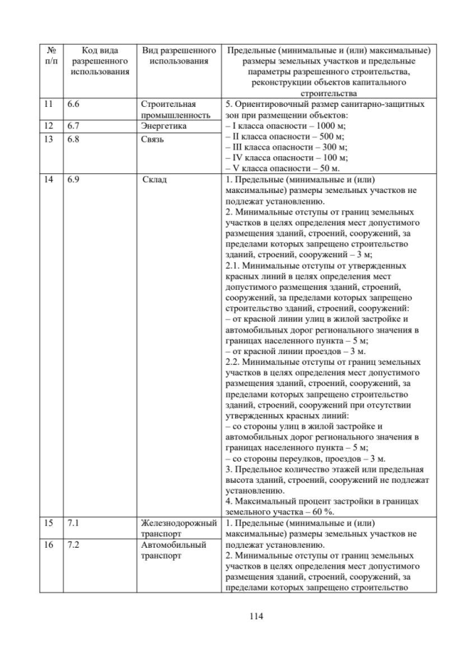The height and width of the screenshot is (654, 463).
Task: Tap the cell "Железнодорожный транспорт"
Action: tap(179, 528)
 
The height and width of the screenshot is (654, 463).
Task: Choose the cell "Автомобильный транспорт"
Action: tap(174, 549)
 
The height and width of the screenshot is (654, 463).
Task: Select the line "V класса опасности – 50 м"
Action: tap(282, 167)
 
